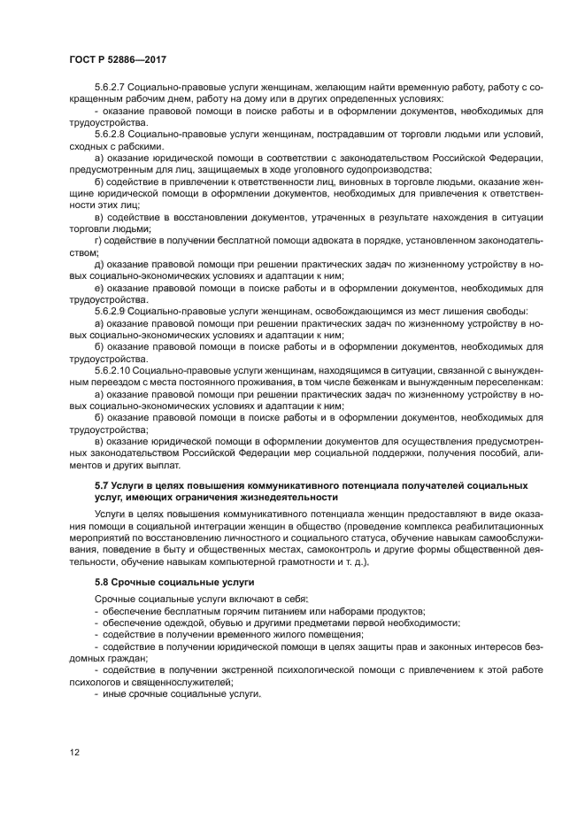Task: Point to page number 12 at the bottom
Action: tap(75, 752)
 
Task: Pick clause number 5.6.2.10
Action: tap(115, 368)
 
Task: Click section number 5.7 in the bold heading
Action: tap(102, 485)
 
